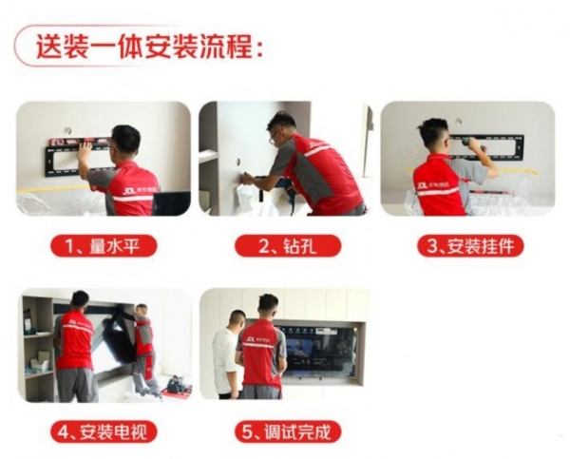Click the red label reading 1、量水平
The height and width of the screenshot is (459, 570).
pos(104,246)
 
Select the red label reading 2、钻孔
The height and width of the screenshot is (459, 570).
pos(286,246)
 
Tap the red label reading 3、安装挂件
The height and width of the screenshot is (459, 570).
pos(469,246)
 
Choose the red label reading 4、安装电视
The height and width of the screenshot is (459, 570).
pos(104,431)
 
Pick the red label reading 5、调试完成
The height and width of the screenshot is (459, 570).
pos(286,431)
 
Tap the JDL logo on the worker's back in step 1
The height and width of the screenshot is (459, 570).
pos(129,190)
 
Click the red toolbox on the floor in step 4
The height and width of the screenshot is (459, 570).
pos(176,390)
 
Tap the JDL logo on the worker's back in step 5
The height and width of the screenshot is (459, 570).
pos(250,336)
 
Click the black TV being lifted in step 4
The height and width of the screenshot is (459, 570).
pos(115,337)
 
